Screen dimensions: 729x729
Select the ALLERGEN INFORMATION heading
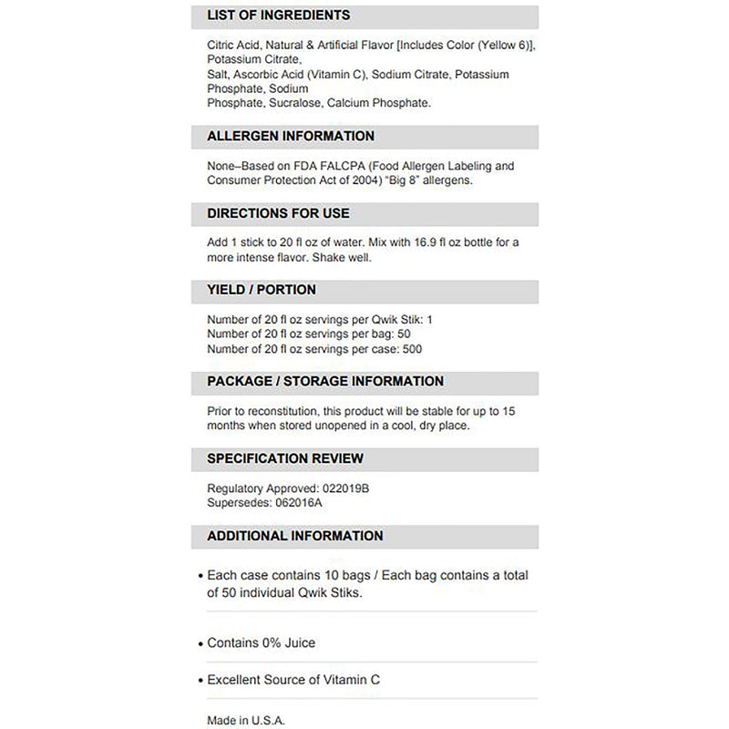pyautogui.click(x=290, y=136)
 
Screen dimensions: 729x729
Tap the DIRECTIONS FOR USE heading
pyautogui.click(x=278, y=213)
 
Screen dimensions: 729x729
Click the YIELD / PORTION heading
pyautogui.click(x=262, y=290)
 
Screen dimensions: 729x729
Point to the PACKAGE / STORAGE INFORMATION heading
pyautogui.click(x=325, y=381)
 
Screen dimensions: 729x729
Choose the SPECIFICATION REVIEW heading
pyautogui.click(x=285, y=458)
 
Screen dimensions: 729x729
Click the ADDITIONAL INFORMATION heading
pyautogui.click(x=294, y=536)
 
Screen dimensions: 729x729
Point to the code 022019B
pyautogui.click(x=346, y=488)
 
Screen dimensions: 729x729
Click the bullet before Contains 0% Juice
pyautogui.click(x=200, y=644)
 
